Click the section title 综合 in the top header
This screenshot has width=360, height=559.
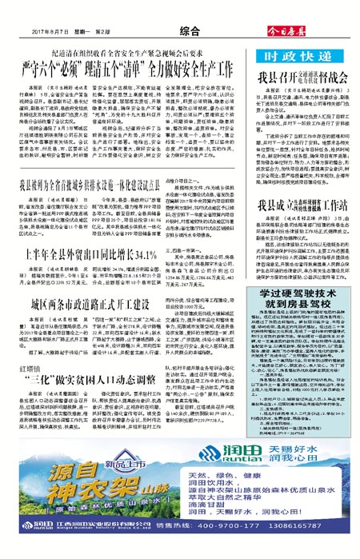point(189,30)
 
